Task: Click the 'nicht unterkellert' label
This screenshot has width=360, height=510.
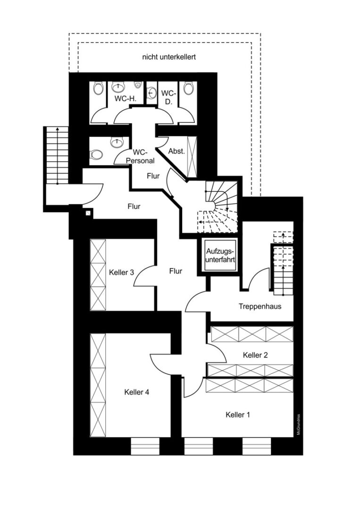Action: [169, 57]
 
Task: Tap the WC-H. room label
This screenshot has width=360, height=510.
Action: [125, 99]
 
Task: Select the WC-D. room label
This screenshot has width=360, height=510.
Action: [168, 97]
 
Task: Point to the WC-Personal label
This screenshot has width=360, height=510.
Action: [140, 156]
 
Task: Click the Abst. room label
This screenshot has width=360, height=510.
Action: [176, 151]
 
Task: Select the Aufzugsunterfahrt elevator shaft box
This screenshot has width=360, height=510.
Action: [220, 255]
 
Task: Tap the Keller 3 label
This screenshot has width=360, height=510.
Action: [122, 272]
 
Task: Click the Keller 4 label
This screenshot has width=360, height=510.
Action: [137, 392]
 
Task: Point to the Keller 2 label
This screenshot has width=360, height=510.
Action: [255, 355]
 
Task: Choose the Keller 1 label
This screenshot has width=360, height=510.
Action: [238, 415]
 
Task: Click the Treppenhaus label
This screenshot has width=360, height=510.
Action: [260, 306]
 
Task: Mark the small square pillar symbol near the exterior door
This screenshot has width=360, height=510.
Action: [88, 213]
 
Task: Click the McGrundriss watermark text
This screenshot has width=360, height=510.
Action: [298, 424]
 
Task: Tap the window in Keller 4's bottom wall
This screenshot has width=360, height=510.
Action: [145, 446]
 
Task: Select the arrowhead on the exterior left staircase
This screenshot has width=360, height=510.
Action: [58, 129]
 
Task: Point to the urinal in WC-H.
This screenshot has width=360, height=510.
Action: [138, 85]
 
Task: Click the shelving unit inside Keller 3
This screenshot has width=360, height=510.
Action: [98, 275]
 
